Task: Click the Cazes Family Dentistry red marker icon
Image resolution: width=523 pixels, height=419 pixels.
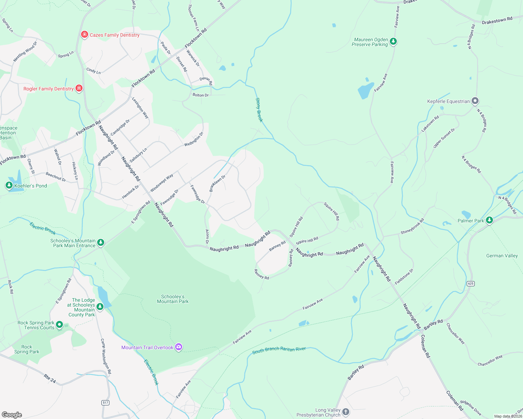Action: click(x=84, y=35)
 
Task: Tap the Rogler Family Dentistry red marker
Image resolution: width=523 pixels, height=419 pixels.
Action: click(x=79, y=88)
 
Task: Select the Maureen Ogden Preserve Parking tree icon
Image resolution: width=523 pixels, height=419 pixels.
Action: click(x=393, y=42)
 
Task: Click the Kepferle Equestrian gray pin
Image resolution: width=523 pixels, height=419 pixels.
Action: click(x=475, y=101)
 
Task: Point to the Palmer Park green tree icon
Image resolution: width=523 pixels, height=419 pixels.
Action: click(x=489, y=220)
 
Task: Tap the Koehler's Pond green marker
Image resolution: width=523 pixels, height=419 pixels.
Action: click(x=9, y=185)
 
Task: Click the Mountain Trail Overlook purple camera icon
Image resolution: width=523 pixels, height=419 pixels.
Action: click(x=179, y=347)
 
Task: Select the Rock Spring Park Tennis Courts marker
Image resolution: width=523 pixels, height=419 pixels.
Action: click(x=59, y=325)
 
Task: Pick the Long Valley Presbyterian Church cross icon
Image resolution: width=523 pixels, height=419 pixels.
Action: click(x=345, y=412)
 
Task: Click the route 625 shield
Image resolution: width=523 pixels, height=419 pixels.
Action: click(x=471, y=283)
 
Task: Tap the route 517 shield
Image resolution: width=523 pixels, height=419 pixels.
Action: click(x=106, y=403)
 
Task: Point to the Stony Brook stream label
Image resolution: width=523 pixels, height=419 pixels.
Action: click(x=259, y=110)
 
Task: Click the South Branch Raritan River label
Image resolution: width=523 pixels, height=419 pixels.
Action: click(x=279, y=350)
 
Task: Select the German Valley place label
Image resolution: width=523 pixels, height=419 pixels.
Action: click(x=502, y=256)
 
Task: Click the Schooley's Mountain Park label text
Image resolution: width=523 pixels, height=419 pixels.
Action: click(x=173, y=299)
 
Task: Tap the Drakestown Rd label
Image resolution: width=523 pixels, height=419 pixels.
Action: click(x=497, y=21)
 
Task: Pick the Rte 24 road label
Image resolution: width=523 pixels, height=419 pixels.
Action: click(x=50, y=378)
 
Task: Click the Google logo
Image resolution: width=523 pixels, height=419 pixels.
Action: click(x=12, y=414)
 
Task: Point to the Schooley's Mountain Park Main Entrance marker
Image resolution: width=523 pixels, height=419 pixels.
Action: click(x=101, y=242)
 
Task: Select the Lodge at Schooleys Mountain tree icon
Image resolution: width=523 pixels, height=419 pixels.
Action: click(x=100, y=307)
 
